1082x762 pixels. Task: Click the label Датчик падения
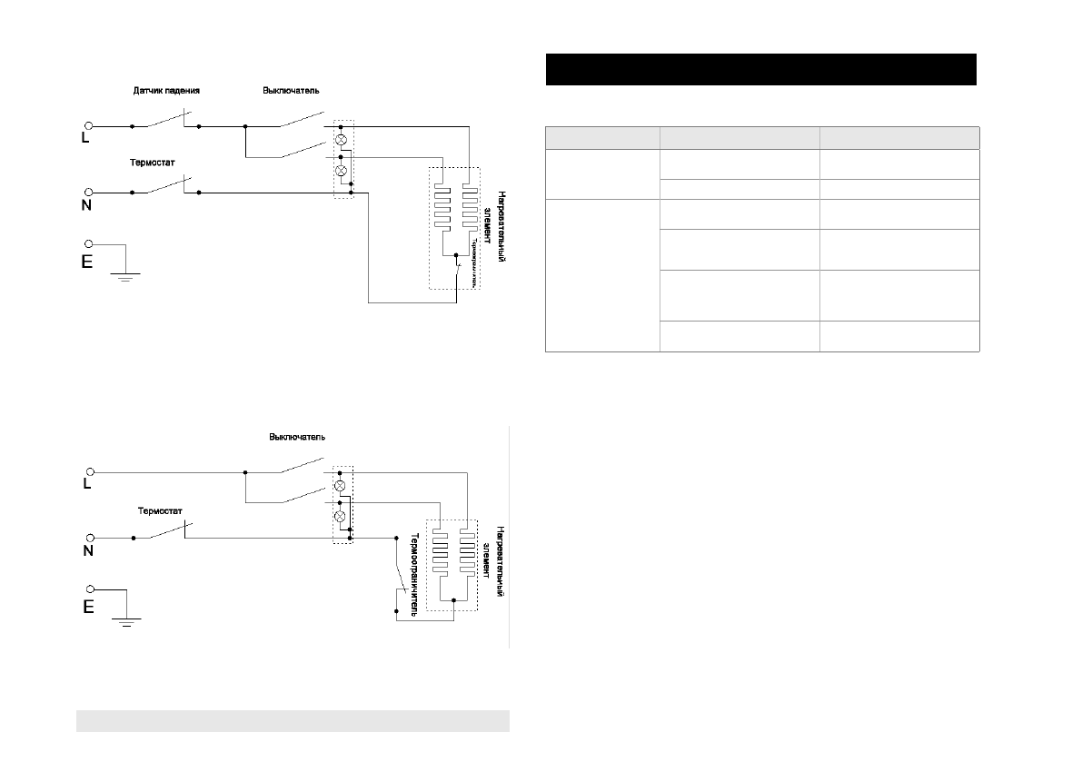[166, 91]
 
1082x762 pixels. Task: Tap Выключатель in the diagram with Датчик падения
[291, 91]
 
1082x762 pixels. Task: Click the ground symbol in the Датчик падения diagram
[124, 275]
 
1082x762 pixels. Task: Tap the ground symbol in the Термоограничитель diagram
[124, 620]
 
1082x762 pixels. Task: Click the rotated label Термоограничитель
[413, 573]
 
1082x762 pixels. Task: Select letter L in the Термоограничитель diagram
[88, 485]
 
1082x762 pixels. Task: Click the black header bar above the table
[760, 69]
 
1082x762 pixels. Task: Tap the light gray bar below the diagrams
[293, 720]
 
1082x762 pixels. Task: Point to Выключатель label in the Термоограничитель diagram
[297, 437]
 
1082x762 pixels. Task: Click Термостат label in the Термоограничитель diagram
[161, 510]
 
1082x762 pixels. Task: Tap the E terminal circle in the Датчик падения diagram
[89, 244]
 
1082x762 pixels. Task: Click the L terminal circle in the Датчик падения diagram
[89, 126]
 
